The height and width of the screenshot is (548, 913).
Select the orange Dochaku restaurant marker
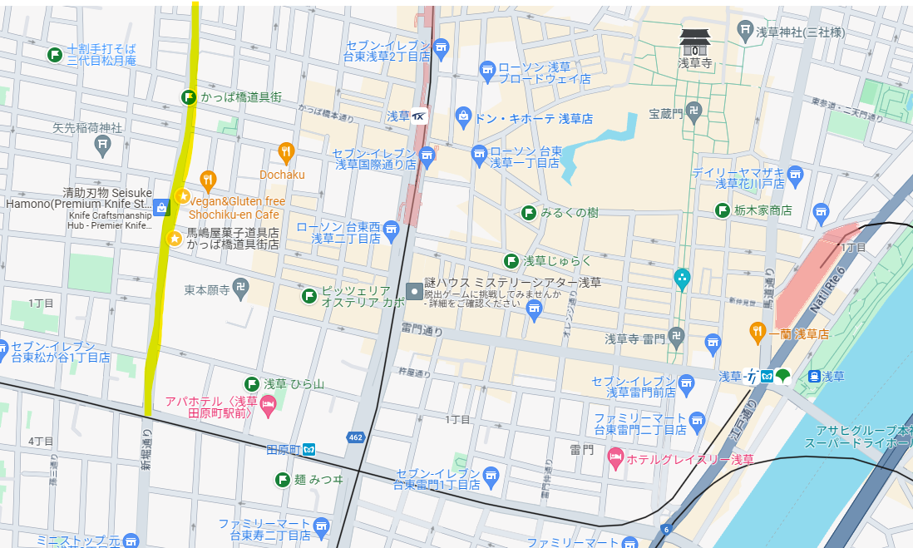click(x=285, y=151)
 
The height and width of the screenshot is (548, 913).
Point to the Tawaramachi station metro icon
click(x=308, y=450)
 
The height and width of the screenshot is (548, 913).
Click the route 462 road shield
click(x=354, y=437)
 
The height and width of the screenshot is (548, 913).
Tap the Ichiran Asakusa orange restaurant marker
click(x=757, y=331)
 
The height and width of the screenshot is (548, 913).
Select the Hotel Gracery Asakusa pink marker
click(x=615, y=457)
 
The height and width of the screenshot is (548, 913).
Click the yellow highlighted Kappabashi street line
click(x=170, y=249)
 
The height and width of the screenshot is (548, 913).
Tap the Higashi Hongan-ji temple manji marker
click(x=241, y=287)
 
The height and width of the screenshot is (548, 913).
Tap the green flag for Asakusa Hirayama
click(x=251, y=383)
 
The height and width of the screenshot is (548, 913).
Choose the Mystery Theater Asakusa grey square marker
click(x=413, y=291)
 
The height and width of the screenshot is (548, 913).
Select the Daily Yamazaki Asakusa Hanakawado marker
click(x=795, y=174)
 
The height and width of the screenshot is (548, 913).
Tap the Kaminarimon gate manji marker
click(x=678, y=338)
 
